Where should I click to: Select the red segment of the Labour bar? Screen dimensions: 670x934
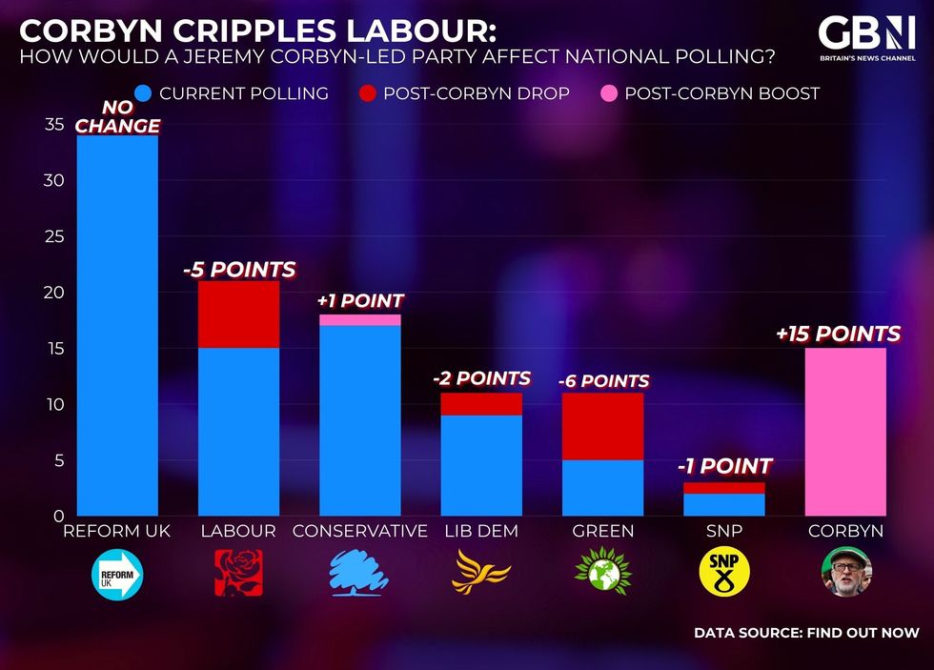coord(238,315)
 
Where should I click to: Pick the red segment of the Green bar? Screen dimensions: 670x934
coord(602,426)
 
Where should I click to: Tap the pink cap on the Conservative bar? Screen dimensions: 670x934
coord(360,319)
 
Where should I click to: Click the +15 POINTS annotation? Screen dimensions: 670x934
coord(838,334)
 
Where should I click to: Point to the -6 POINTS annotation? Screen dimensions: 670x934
coord(603,380)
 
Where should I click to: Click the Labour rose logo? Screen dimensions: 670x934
coord(238,573)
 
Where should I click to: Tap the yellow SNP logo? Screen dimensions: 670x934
coord(724,573)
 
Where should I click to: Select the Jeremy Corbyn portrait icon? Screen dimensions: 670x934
coord(845,573)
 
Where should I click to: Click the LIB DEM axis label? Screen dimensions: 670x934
coord(481,531)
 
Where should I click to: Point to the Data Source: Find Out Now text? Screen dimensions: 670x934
coord(806,632)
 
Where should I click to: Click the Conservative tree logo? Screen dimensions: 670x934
coord(359,573)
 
